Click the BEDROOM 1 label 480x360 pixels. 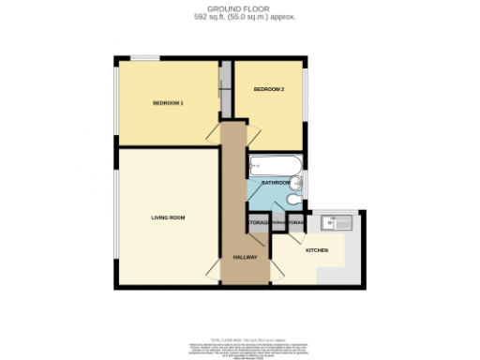tap(168, 102)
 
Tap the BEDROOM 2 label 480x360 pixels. tap(268, 89)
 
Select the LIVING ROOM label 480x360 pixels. tap(168, 217)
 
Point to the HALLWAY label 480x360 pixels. tap(245, 256)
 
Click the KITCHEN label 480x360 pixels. tap(315, 250)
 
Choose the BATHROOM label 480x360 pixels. tap(276, 183)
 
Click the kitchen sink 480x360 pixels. tap(332, 222)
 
